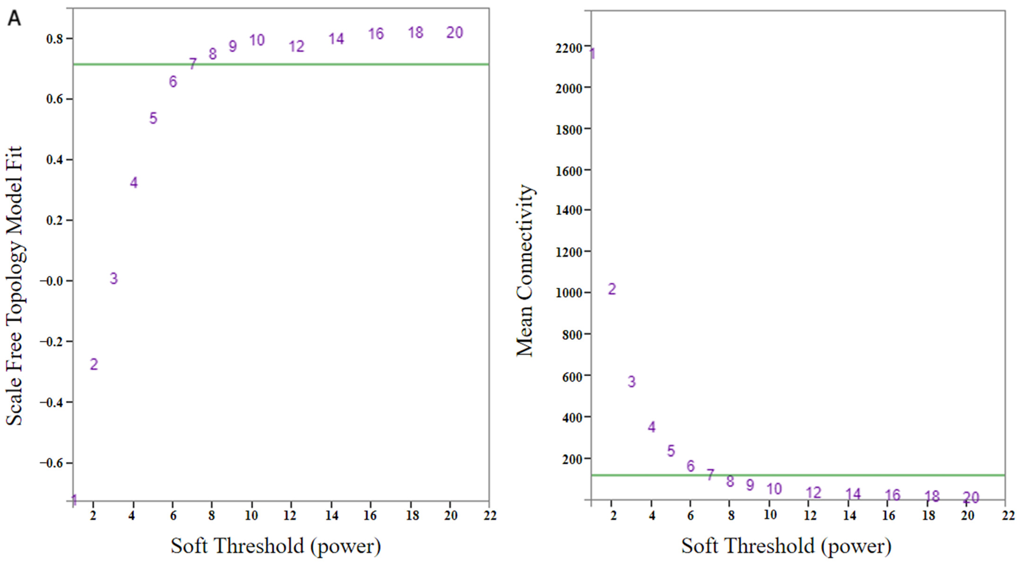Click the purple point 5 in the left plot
(x=153, y=118)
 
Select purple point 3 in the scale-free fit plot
(x=114, y=278)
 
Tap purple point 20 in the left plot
(x=454, y=32)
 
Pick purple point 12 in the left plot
(x=297, y=47)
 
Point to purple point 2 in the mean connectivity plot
(x=612, y=289)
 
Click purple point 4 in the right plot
(x=651, y=427)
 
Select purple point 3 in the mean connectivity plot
(x=632, y=381)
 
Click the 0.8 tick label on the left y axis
(x=54, y=39)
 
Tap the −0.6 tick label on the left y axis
(x=51, y=463)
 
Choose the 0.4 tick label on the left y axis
(x=54, y=160)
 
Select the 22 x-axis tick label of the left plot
(x=490, y=515)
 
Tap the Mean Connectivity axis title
(x=525, y=270)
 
